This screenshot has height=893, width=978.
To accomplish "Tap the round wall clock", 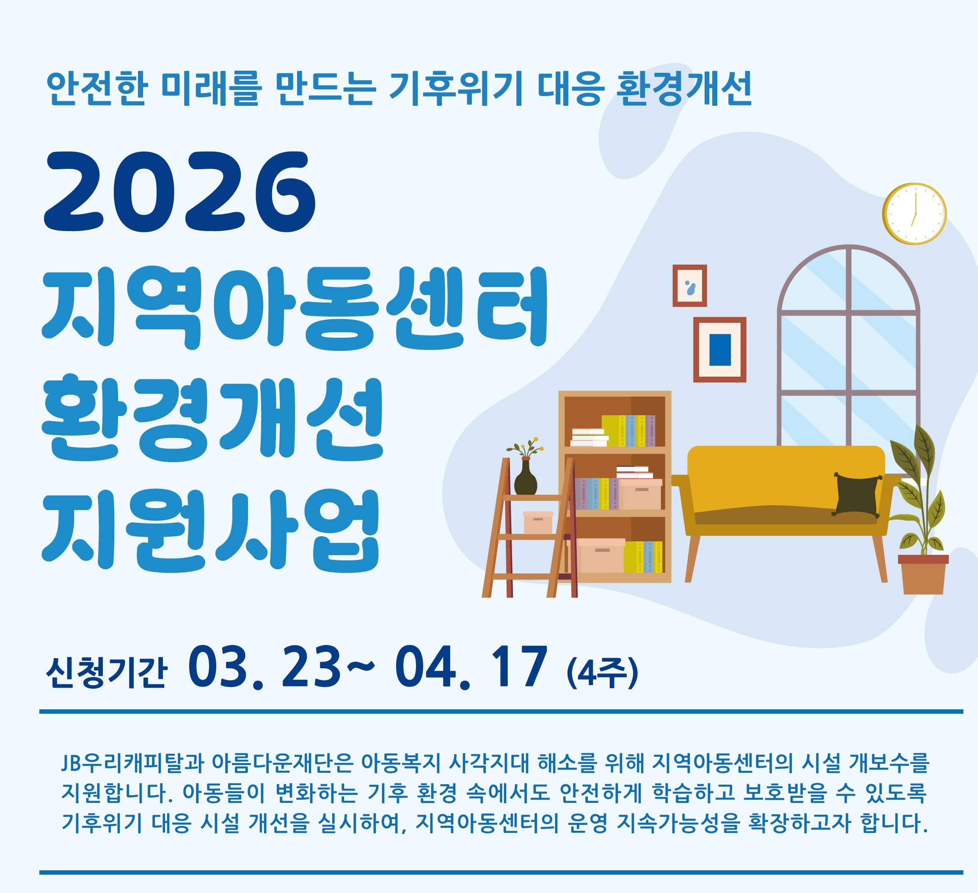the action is pos(914,213).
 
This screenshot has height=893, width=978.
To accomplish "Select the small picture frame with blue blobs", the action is pos(689,286).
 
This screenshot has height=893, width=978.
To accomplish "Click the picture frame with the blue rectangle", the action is pos(719,350).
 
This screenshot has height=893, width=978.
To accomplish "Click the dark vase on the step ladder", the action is pos(525,477).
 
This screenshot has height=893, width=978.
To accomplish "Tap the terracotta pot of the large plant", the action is pos(923,574).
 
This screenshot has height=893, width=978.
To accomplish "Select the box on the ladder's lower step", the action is pos(537,522).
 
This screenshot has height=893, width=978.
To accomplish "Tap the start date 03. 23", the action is pos(265,667).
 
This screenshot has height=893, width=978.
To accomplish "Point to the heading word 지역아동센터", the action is pos(295,308).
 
